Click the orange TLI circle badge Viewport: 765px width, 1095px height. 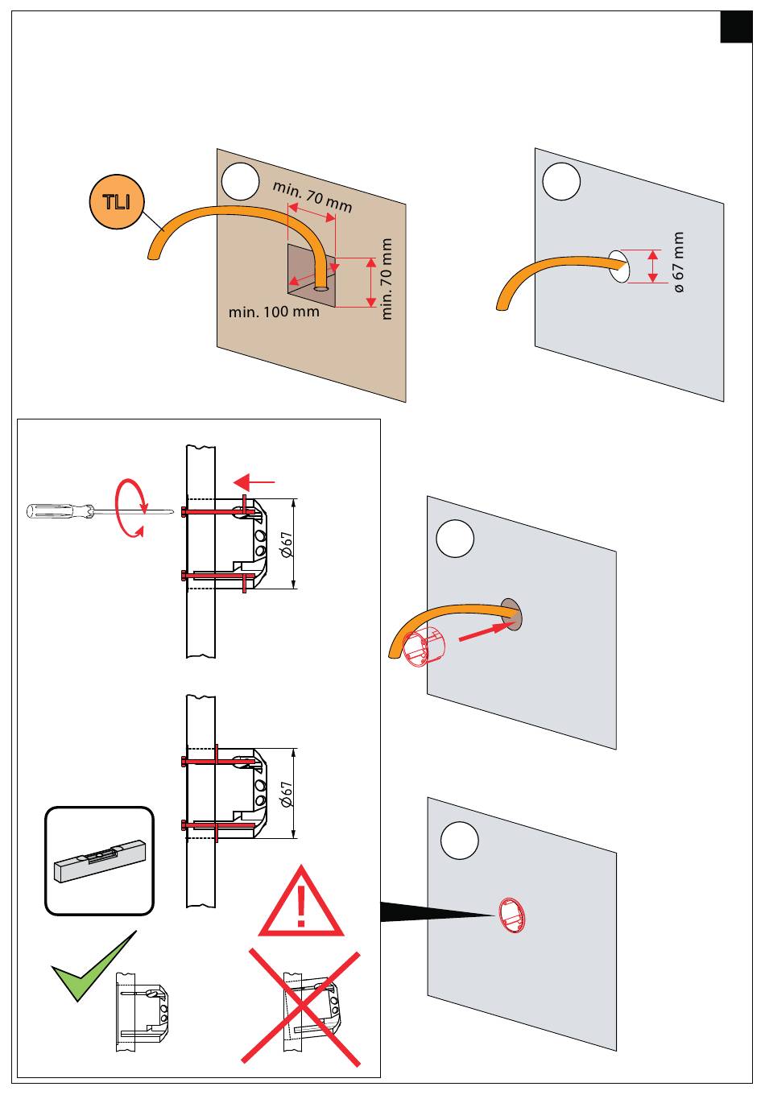tap(117, 201)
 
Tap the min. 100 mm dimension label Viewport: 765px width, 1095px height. tap(274, 312)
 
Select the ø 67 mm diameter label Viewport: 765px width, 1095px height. tap(679, 262)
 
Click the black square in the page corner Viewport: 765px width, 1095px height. tap(736, 27)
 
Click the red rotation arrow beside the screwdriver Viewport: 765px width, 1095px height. tap(131, 508)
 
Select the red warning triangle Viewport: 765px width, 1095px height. tap(301, 902)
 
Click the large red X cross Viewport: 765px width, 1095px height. tap(301, 1008)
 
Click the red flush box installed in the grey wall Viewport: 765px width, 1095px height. tap(511, 916)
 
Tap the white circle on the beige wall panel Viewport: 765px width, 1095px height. tap(240, 181)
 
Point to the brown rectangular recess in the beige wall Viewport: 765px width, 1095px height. tap(312, 276)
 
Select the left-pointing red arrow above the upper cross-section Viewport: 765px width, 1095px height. tap(254, 482)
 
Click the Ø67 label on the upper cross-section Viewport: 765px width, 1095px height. tap(287, 544)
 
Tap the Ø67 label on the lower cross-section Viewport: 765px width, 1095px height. tap(287, 793)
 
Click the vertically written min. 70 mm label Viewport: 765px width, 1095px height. tap(387, 279)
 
